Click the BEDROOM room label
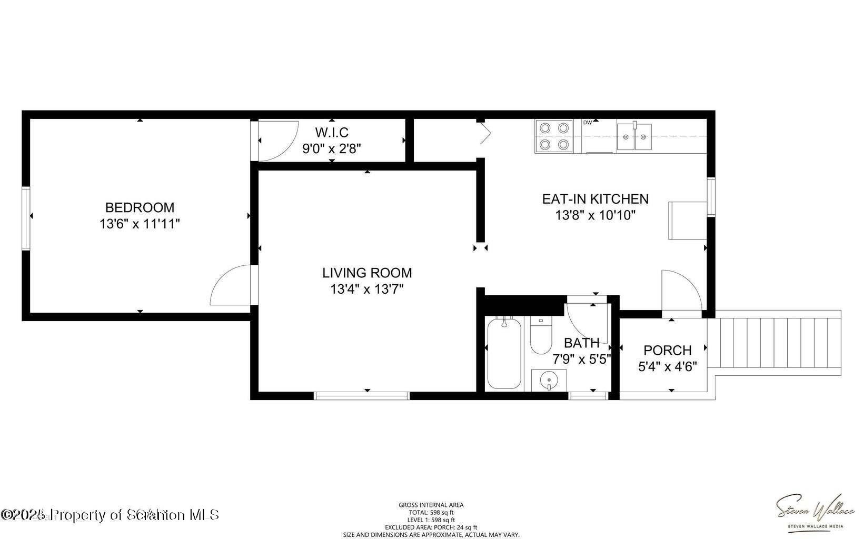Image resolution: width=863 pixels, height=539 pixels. coord(140,207)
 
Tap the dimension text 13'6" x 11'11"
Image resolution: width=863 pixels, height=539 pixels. coord(140,224)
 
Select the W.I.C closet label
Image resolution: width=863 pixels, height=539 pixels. coord(332,132)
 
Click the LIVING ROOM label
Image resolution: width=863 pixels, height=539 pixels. coord(367,273)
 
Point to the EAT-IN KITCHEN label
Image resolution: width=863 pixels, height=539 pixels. coord(595,199)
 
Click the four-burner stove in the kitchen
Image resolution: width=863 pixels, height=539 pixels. coord(554,136)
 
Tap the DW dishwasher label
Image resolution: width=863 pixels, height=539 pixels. coord(588,123)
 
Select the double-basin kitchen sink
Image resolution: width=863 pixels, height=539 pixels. coord(634,137)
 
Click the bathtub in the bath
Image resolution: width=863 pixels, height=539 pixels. coord(504,353)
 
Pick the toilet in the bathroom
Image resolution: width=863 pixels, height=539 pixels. coord(540,335)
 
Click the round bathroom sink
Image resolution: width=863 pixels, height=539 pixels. coord(549,379)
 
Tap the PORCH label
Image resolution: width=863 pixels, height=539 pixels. coord(667,350)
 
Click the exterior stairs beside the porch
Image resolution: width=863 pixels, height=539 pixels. coord(774,342)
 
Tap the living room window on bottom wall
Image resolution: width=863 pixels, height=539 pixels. coord(361,396)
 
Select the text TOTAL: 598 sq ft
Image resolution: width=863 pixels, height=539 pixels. coord(431,512)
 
